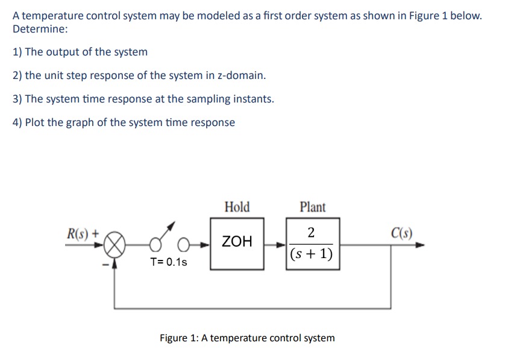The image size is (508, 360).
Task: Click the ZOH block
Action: (237, 243)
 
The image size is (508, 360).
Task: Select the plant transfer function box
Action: (312, 244)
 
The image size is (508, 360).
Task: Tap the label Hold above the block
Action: (237, 207)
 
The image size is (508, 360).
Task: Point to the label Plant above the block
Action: (312, 207)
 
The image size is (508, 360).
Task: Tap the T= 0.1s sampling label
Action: (169, 262)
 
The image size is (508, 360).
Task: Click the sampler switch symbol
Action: (169, 241)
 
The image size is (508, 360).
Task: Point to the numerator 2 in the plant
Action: (310, 233)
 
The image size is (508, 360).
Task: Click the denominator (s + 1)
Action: (311, 254)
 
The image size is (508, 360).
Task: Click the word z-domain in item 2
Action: (240, 75)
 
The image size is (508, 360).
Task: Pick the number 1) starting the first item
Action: (17, 52)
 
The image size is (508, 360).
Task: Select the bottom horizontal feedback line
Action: (253, 308)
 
